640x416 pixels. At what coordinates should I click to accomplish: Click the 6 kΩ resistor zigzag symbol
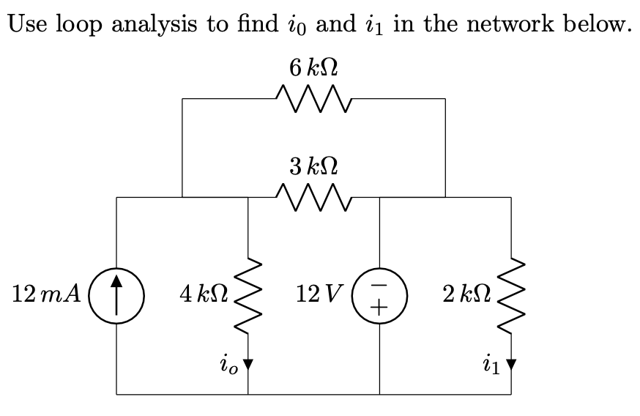point(313,97)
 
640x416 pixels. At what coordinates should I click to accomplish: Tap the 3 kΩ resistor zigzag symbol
point(313,196)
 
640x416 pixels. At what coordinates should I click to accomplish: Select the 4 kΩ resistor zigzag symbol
point(248,295)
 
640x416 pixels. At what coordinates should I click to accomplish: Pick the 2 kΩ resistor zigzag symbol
point(510,295)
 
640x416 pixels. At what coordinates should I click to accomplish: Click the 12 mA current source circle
point(116,295)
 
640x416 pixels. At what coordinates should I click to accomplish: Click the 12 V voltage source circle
point(379,295)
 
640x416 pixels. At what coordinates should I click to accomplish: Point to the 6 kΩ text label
point(313,68)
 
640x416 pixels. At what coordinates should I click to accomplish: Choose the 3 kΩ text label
point(313,167)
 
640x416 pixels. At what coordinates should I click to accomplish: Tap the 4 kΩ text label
point(203,295)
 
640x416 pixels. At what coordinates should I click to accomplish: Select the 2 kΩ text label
point(466,295)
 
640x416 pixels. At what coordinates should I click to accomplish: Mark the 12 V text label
point(319,295)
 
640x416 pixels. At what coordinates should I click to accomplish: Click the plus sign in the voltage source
point(379,308)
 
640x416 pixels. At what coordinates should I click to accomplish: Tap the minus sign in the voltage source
point(379,283)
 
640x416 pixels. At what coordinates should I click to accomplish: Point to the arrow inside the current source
point(116,295)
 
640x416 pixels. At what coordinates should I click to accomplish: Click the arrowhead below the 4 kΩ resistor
point(248,363)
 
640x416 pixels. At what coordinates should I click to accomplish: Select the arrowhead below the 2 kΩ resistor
point(510,363)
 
